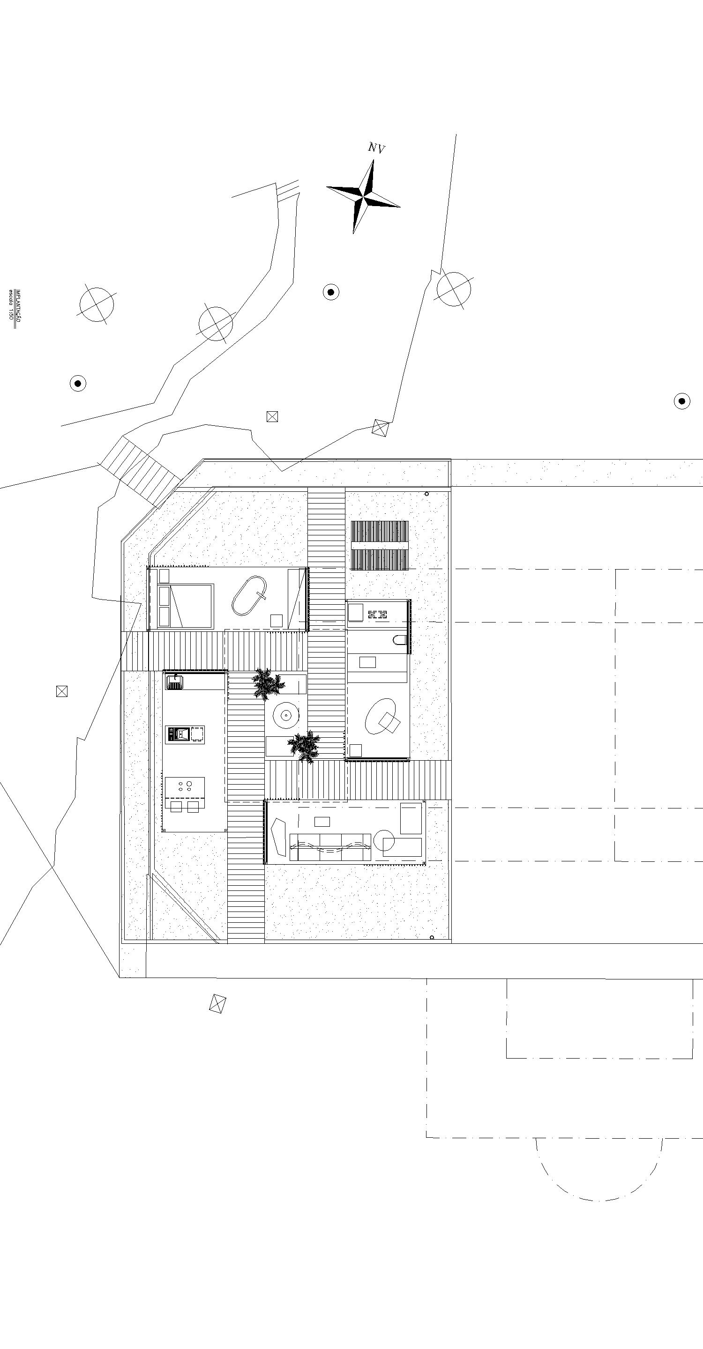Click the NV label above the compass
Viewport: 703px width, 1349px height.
tap(376, 149)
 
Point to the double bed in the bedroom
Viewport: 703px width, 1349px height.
tap(186, 606)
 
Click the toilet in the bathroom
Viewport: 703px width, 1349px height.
tap(400, 640)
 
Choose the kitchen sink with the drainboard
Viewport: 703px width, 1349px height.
tap(175, 682)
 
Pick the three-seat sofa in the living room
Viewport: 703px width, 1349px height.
tap(330, 847)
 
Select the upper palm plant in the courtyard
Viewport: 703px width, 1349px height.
tap(268, 683)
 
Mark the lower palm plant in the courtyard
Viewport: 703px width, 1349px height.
tap(304, 746)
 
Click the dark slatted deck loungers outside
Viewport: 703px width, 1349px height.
tap(380, 546)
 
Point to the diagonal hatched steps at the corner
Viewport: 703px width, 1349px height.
tap(141, 471)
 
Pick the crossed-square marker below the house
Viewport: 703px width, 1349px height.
tap(217, 1003)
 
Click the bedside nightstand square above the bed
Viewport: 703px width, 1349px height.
tap(164, 576)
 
